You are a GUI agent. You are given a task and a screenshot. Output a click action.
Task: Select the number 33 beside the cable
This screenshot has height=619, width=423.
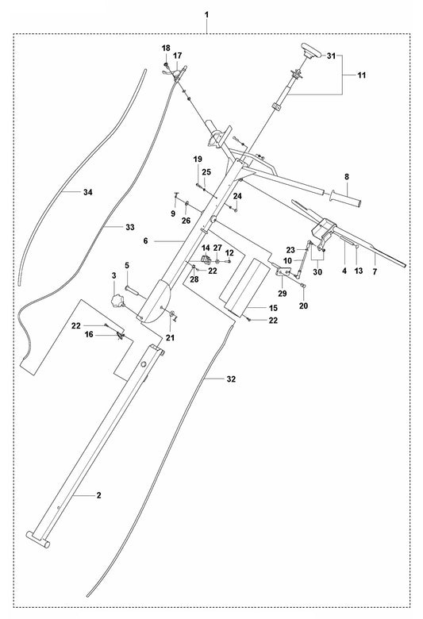[x=130, y=227]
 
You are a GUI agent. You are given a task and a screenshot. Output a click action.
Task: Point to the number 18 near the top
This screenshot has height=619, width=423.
[x=166, y=48]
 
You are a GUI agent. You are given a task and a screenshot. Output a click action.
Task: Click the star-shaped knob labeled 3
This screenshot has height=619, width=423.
[x=121, y=301]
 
